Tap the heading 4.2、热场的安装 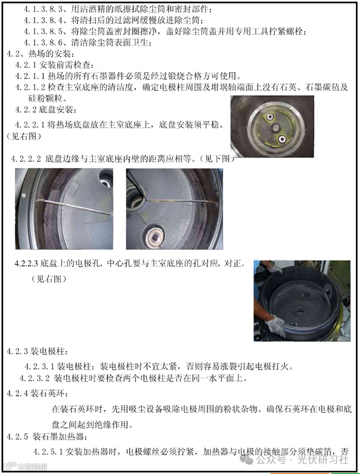[39, 54]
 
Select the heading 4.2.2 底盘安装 [45, 109]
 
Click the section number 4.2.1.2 [31, 87]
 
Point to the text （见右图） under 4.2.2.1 [24, 137]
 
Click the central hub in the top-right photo [276, 128]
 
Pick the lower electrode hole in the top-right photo [282, 139]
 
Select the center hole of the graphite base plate [301, 309]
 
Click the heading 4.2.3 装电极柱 [38, 351]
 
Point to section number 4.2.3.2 [34, 378]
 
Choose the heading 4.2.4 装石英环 [38, 393]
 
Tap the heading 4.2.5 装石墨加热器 [47, 436]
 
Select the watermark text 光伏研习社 [323, 460]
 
